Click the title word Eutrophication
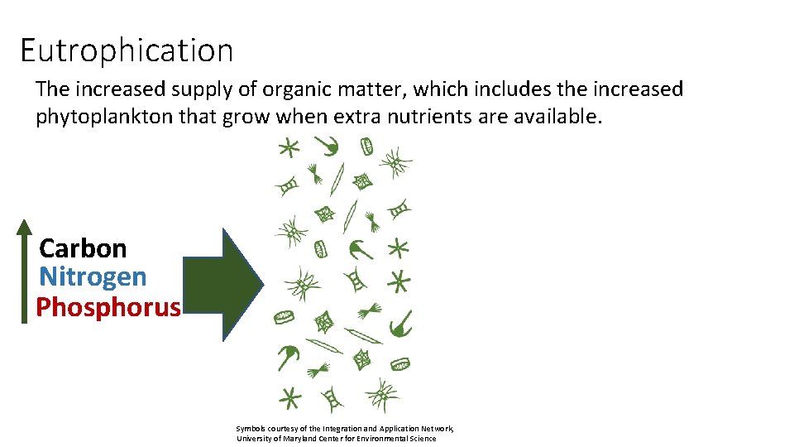tap(127, 50)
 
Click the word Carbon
tap(83, 248)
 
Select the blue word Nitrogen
tap(93, 277)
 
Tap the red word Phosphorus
tap(108, 307)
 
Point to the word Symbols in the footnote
tap(251, 428)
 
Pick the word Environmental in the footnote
tap(392, 438)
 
